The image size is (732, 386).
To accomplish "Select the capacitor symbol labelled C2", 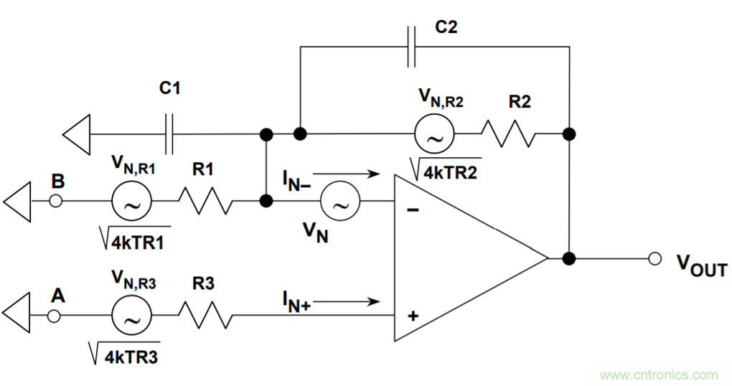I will click(411, 47).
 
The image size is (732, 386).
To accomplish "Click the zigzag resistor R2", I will click(507, 133).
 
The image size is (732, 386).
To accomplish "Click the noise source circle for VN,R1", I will click(131, 202).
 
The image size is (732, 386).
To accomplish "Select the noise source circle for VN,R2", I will click(433, 134).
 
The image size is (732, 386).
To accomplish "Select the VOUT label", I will click(702, 267).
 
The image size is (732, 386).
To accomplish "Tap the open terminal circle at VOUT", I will click(654, 258).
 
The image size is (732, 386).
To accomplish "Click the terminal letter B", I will click(58, 182).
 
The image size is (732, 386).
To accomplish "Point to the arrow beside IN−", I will click(345, 173).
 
